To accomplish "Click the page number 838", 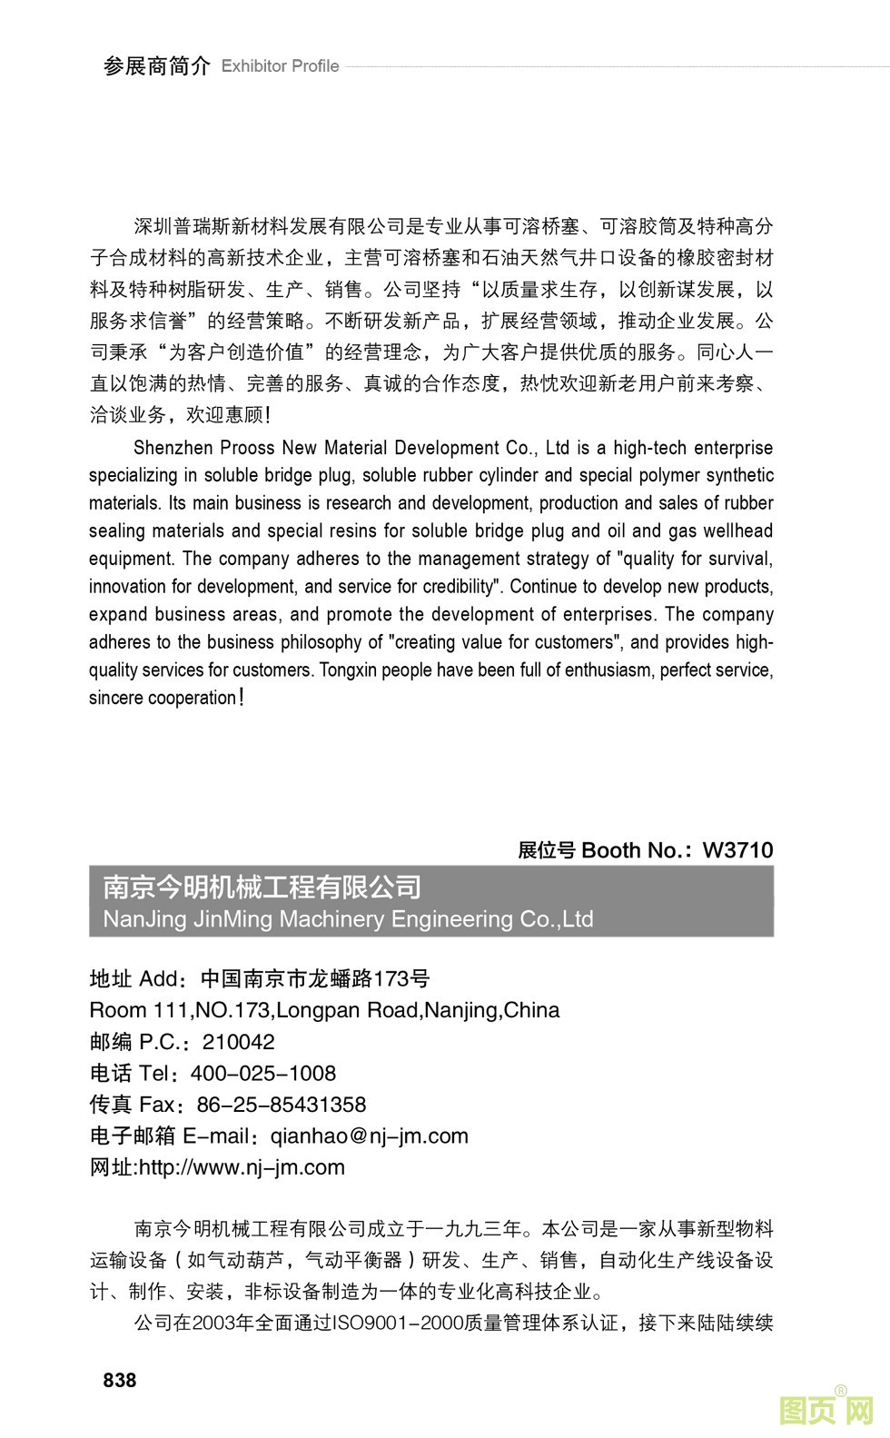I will [x=120, y=1380].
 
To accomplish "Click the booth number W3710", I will [x=737, y=850].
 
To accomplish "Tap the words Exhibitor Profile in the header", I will [x=280, y=66].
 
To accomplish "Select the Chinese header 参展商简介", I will [x=156, y=66].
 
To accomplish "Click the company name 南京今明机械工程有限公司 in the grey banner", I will [x=262, y=887].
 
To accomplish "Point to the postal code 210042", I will [x=239, y=1042].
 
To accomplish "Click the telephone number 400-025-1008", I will [x=263, y=1073].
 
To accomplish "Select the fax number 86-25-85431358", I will [x=282, y=1105].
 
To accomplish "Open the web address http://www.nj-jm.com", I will [x=242, y=1167].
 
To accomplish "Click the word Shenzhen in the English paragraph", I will [x=172, y=448].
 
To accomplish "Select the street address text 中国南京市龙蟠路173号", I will [x=315, y=978].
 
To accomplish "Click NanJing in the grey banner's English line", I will [x=142, y=919].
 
